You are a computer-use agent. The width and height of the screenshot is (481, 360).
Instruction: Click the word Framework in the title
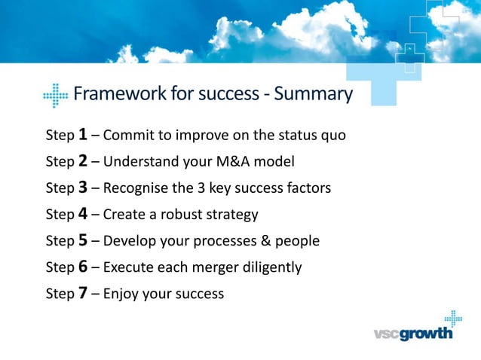pyautogui.click(x=115, y=94)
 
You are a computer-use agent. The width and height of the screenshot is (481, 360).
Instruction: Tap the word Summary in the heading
pyautogui.click(x=313, y=94)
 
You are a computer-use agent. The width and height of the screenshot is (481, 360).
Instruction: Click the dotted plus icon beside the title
pyautogui.click(x=56, y=96)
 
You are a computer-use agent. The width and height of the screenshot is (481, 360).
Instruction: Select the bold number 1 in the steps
pyautogui.click(x=83, y=135)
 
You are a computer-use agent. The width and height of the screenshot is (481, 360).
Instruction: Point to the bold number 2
pyautogui.click(x=83, y=161)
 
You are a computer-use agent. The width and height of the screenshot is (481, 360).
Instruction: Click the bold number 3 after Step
pyautogui.click(x=83, y=188)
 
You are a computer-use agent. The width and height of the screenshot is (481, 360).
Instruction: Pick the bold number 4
pyautogui.click(x=83, y=214)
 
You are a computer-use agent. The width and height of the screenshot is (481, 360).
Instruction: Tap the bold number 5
pyautogui.click(x=83, y=240)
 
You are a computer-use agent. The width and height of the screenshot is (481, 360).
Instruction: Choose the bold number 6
pyautogui.click(x=83, y=267)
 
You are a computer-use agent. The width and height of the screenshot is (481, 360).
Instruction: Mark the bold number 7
pyautogui.click(x=83, y=293)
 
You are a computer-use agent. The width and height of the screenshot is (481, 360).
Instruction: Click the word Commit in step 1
pyautogui.click(x=126, y=136)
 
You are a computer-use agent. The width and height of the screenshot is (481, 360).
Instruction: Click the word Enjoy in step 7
pyautogui.click(x=121, y=294)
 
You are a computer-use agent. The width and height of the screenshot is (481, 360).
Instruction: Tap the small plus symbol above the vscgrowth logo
pyautogui.click(x=452, y=317)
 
